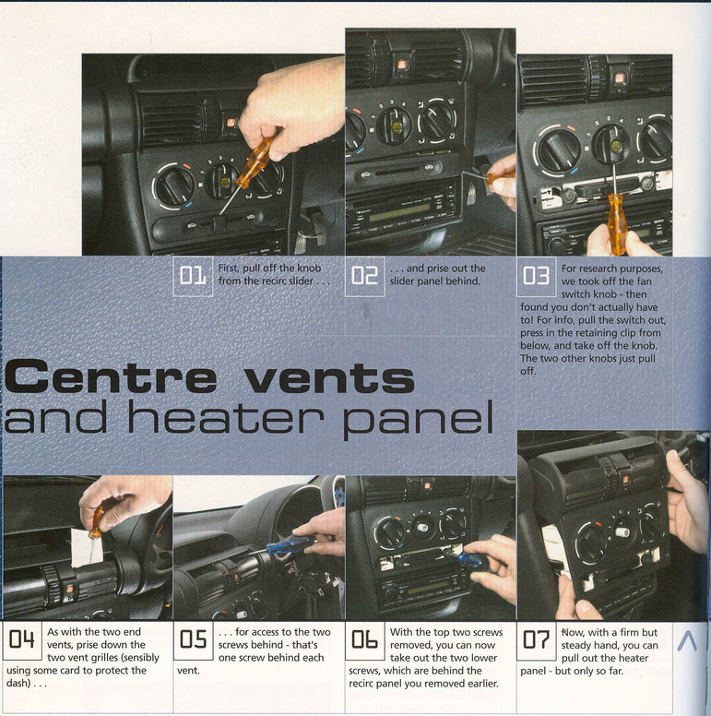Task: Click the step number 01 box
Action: click(193, 276)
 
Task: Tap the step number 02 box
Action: click(364, 276)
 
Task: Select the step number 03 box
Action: click(536, 276)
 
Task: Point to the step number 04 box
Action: click(22, 639)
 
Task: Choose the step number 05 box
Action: click(194, 639)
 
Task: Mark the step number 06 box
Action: click(365, 639)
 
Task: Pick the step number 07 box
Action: click(537, 639)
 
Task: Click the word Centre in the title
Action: click(111, 376)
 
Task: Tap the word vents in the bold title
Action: click(330, 378)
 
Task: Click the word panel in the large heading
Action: click(419, 420)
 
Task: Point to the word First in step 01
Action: click(228, 268)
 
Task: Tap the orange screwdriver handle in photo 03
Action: click(618, 223)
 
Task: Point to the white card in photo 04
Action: click(87, 547)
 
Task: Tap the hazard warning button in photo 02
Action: click(403, 65)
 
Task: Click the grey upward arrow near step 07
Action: click(687, 640)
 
